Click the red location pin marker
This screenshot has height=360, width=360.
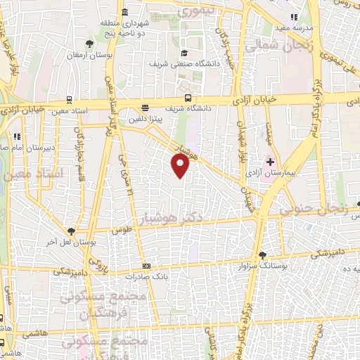(x=181, y=165)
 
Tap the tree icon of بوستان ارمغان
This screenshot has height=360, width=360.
(x=88, y=44)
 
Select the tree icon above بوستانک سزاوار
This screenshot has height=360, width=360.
(x=262, y=256)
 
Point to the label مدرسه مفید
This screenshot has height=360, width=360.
(x=294, y=27)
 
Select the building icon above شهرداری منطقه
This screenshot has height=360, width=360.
(x=125, y=12)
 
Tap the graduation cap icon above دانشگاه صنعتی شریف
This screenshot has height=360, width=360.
(x=184, y=53)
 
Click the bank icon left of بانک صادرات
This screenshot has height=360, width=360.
(x=146, y=266)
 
